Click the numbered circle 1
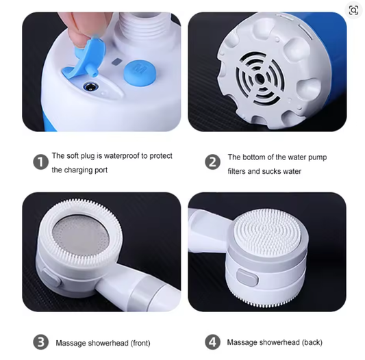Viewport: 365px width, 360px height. (x=40, y=162)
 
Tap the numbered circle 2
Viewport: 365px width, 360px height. (x=212, y=162)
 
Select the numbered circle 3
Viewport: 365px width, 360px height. (x=40, y=342)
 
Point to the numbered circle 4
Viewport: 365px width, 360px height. (x=212, y=342)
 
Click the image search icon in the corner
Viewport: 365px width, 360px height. (x=353, y=10)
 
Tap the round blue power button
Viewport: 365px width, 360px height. (x=140, y=73)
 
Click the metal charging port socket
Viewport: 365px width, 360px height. (x=90, y=88)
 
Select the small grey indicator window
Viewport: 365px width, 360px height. (x=116, y=62)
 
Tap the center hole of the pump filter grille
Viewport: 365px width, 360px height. (x=260, y=79)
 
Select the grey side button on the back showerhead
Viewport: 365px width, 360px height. (x=247, y=277)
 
